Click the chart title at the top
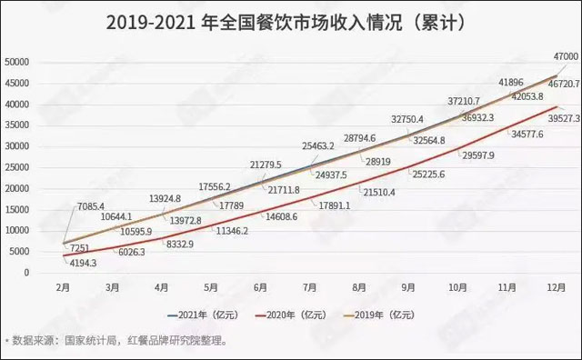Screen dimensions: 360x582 tap(291, 22)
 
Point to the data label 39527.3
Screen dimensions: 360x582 tap(556, 117)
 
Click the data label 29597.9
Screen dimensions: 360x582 tap(478, 156)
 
